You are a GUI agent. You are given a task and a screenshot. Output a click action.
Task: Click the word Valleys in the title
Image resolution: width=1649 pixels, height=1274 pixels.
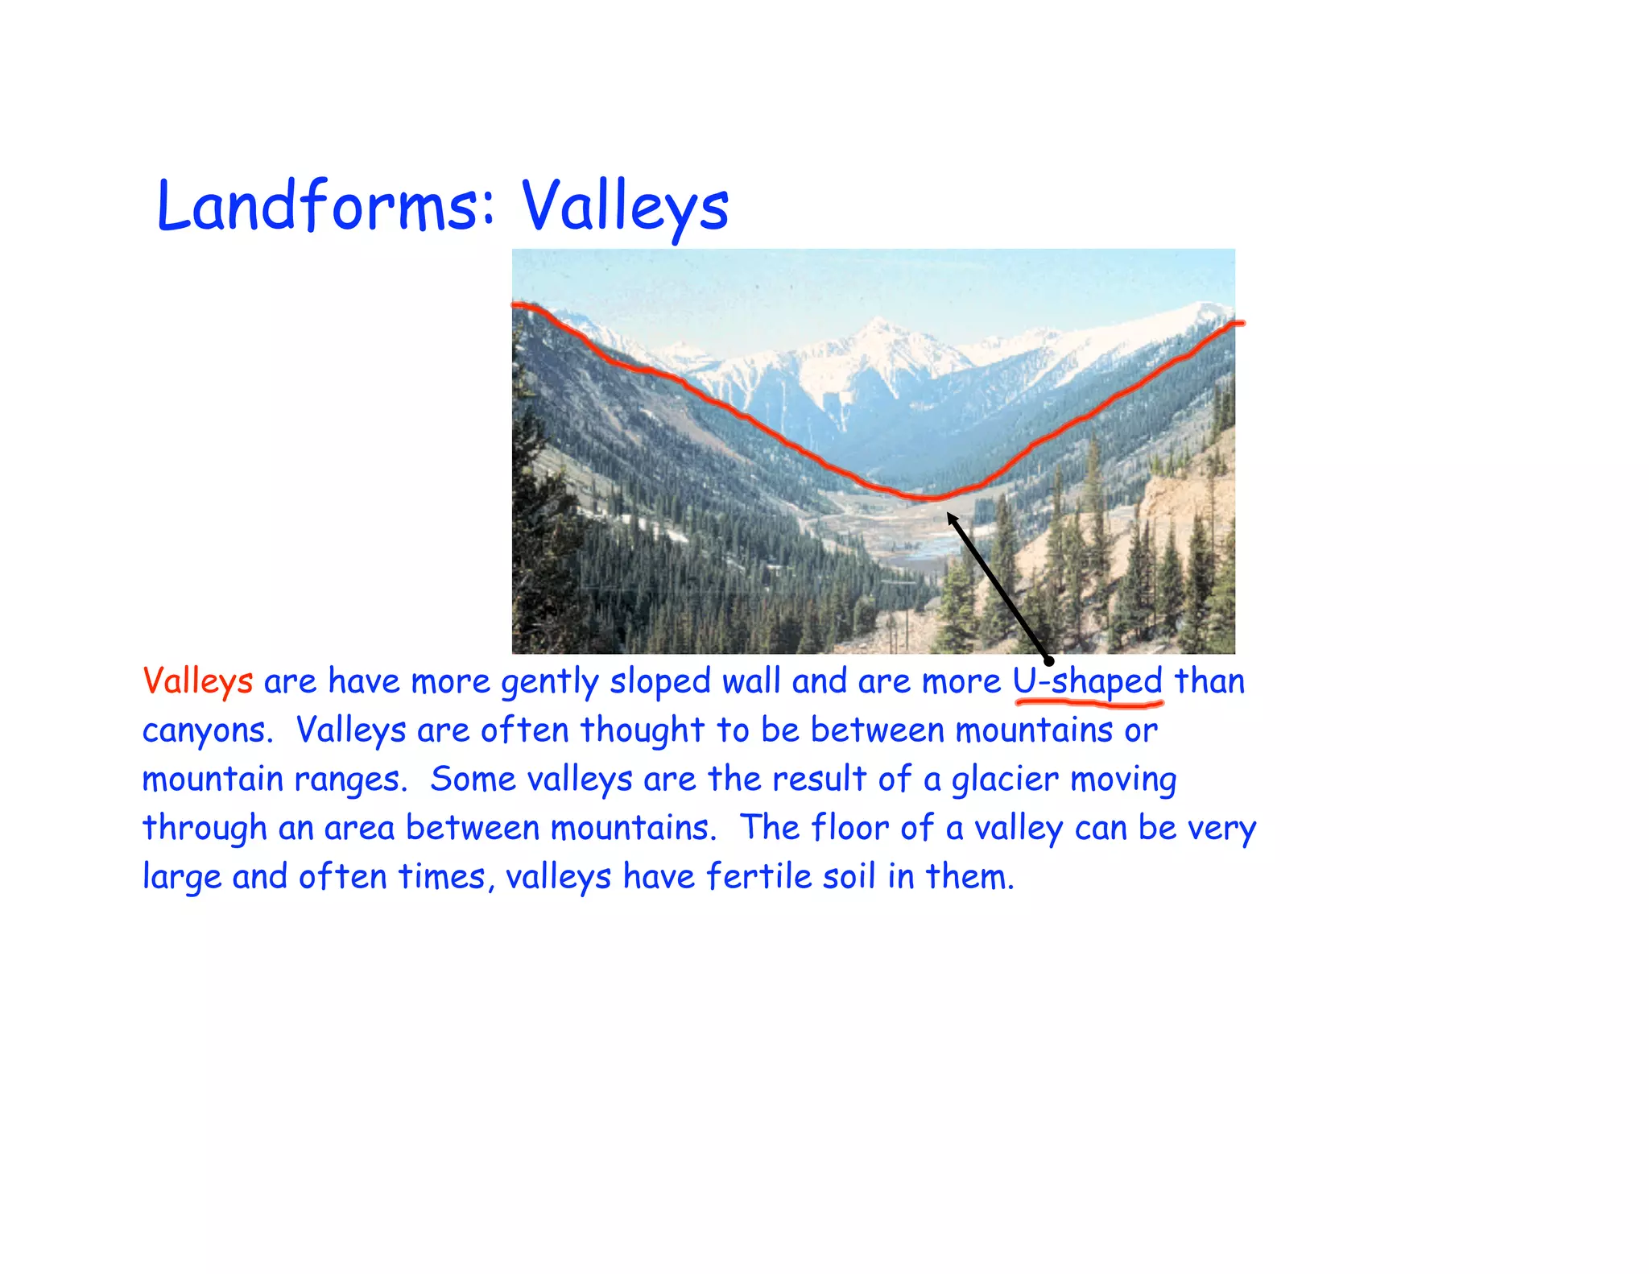(x=624, y=205)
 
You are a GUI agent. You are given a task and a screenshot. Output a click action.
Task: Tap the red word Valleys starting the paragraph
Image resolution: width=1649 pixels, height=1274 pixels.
(x=197, y=681)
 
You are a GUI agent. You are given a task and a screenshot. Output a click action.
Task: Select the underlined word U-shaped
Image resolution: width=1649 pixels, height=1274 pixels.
(x=1087, y=681)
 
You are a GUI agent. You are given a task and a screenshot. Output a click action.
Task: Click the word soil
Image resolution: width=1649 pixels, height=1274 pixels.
(x=849, y=877)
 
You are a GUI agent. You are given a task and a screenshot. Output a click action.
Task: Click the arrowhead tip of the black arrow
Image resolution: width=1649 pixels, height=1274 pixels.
(x=949, y=515)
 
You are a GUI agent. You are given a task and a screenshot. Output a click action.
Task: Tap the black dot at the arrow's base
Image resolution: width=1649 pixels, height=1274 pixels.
(x=1048, y=661)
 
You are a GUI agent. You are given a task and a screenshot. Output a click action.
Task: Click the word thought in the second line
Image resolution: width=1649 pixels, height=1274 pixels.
(x=642, y=731)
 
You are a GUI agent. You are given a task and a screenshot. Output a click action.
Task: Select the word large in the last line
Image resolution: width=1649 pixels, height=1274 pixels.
(x=181, y=877)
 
